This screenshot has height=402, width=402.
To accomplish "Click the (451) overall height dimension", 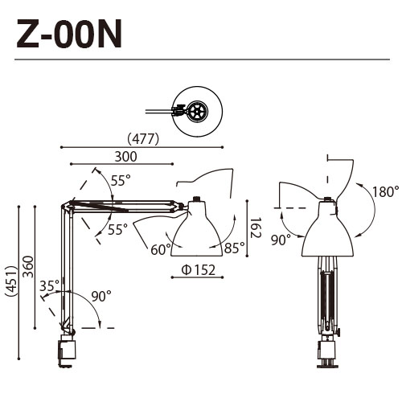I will click(10, 282).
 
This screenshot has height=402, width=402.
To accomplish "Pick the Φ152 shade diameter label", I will click(198, 269).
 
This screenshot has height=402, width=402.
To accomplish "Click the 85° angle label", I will click(234, 248).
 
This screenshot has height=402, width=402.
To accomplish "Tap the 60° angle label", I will click(160, 248).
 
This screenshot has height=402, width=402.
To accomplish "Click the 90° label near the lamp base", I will click(100, 297).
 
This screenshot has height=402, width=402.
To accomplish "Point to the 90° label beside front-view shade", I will click(280, 240).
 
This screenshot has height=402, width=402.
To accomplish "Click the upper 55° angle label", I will click(121, 181).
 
